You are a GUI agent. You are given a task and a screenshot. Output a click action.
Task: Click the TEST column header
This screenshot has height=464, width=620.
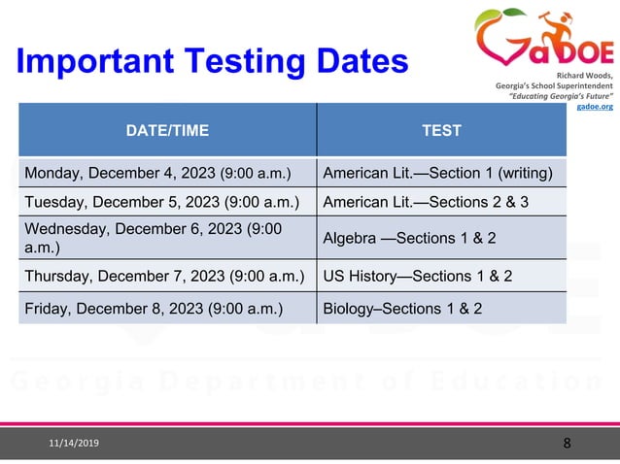[441, 129]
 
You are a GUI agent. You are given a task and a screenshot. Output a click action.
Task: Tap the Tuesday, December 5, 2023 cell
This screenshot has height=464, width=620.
[161, 203]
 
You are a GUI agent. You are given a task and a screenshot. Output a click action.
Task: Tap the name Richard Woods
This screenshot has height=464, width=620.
[585, 74]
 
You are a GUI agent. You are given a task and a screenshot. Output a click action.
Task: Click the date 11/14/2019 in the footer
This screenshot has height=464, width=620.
[74, 444]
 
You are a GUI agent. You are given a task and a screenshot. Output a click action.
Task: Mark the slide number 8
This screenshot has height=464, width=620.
[567, 444]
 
